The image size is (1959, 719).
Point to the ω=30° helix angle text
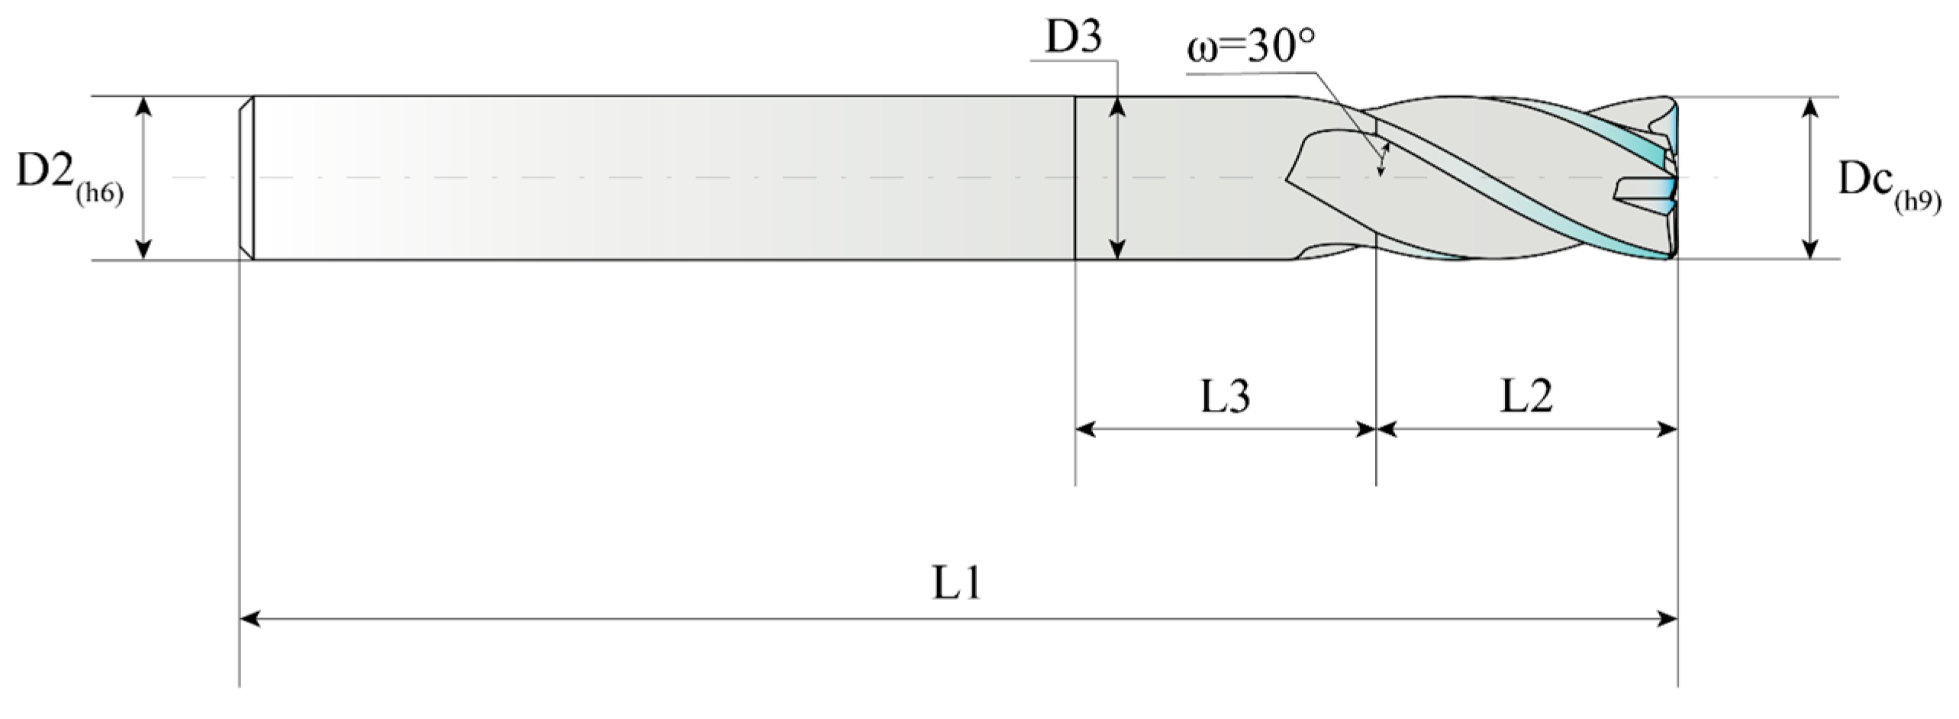click(1252, 48)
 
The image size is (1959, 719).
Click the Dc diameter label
click(1862, 180)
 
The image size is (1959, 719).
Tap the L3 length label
click(1226, 396)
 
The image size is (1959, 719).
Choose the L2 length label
click(1526, 396)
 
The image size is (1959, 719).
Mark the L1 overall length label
click(957, 584)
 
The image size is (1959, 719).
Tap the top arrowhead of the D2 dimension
click(143, 107)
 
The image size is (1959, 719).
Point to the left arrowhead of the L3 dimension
click(1085, 430)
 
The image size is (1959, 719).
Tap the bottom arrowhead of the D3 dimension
click(1117, 249)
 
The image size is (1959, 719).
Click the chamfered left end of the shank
click(246, 178)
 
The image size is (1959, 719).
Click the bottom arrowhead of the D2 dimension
click(143, 249)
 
